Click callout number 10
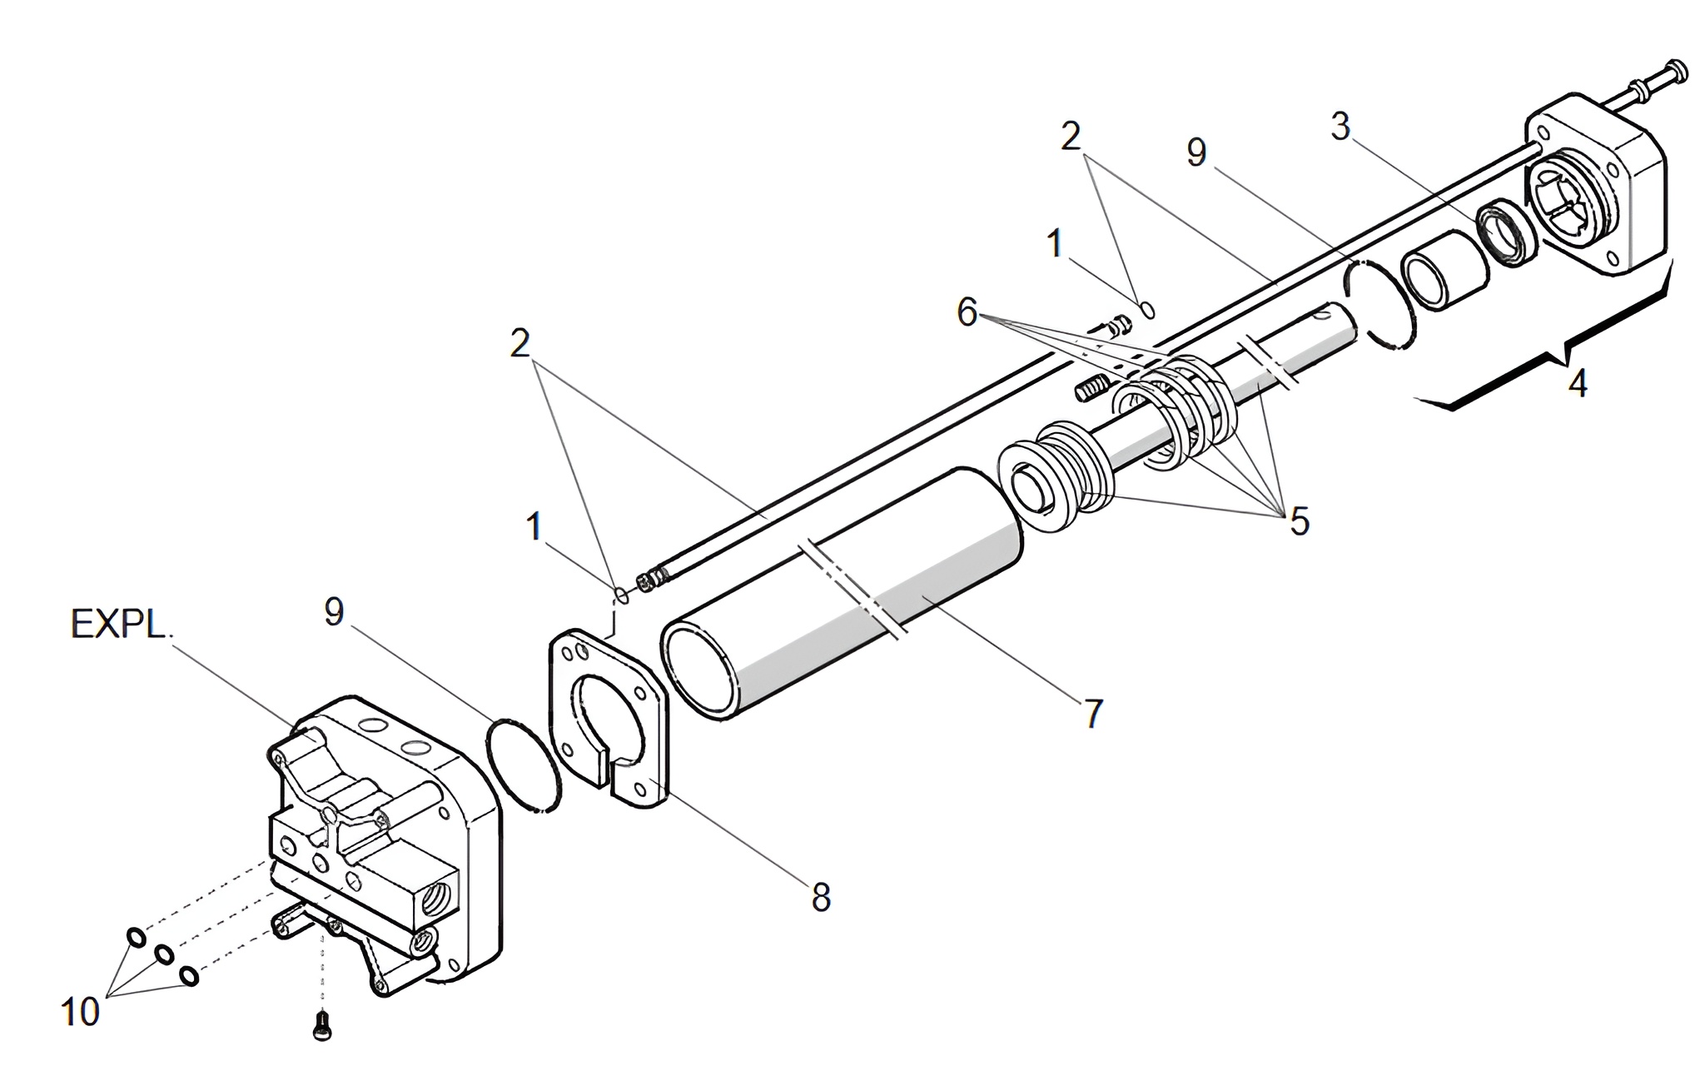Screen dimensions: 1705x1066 coord(80,1013)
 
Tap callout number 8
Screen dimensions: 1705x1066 coord(821,898)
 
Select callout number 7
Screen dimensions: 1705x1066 coord(1093,714)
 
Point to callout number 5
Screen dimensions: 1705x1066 coord(1300,521)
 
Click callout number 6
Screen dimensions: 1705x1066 coord(967,313)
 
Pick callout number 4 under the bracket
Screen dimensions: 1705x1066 coord(1578,383)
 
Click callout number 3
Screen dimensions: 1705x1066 coord(1340,127)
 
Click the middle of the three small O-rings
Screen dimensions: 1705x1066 coord(165,955)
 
